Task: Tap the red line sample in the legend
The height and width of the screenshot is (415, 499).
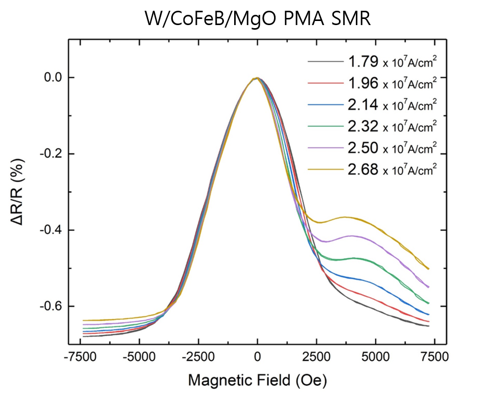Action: (x=325, y=84)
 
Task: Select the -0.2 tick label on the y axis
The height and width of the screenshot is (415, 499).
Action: (x=50, y=154)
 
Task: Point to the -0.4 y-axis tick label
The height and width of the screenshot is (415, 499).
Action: (x=50, y=230)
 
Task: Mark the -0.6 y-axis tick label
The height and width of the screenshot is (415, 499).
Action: (x=50, y=307)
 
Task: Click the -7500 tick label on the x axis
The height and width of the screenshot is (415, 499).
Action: (x=81, y=357)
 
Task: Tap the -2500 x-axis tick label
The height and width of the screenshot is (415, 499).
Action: (x=198, y=357)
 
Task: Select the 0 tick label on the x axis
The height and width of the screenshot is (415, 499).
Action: (x=258, y=357)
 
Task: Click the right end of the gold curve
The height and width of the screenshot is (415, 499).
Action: (x=428, y=269)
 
